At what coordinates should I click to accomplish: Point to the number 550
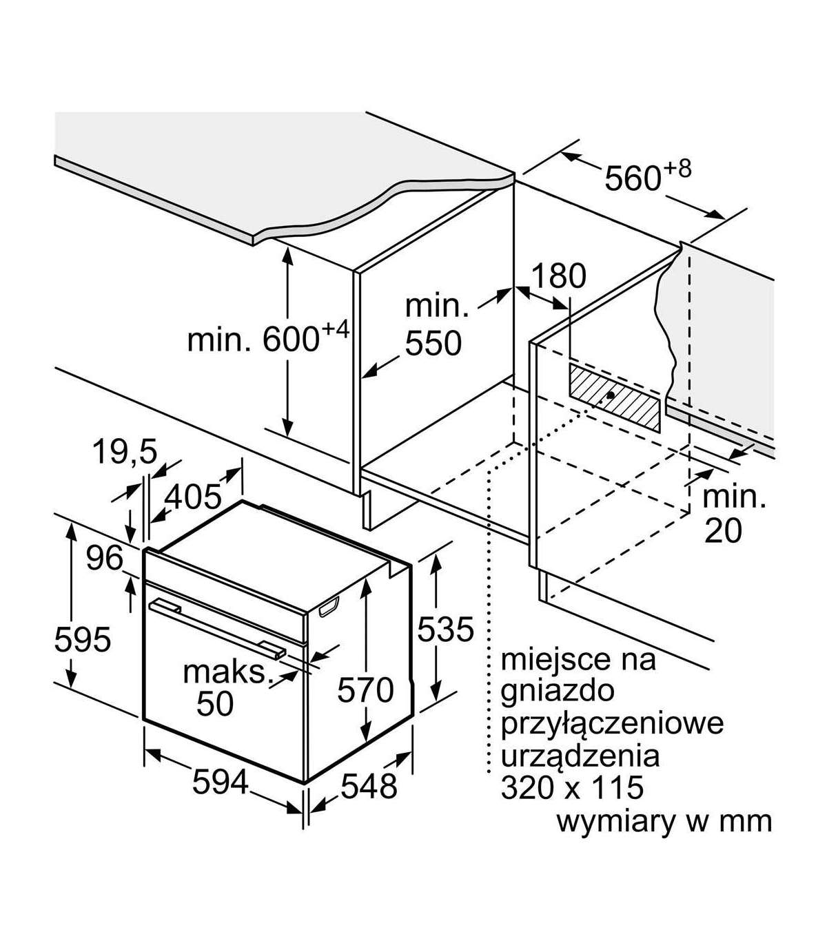coord(433,342)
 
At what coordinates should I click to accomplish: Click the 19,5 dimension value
coord(125,453)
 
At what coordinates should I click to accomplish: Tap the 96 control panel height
coord(104,558)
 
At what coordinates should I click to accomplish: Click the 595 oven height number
coord(83,640)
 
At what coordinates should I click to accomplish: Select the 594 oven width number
coord(220,782)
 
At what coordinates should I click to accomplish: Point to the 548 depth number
coord(369,786)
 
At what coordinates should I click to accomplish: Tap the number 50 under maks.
coord(216,703)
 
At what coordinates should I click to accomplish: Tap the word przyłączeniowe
coord(613,723)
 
